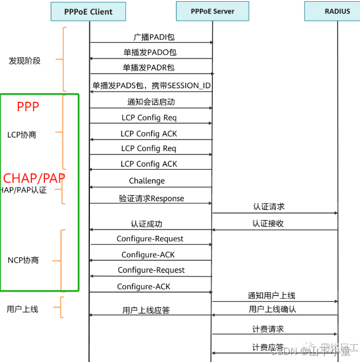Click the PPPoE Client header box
point(88,11)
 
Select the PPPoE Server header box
point(212,11)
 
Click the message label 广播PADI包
point(150,37)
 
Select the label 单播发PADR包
point(149,67)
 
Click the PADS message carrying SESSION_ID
point(151,86)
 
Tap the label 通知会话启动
point(151,102)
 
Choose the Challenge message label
point(147,180)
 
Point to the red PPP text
point(28,107)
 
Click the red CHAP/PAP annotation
point(34,178)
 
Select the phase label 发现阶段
point(25,61)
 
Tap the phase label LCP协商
point(22,135)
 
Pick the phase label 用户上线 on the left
point(22,309)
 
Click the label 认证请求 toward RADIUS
point(268,206)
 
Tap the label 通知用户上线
point(271,295)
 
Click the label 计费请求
point(267,329)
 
